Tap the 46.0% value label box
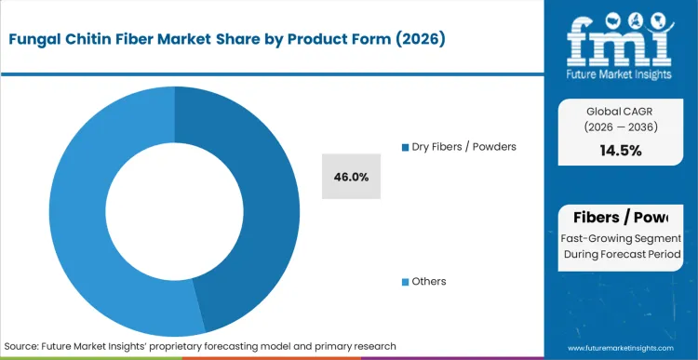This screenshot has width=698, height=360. point(353,177)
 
